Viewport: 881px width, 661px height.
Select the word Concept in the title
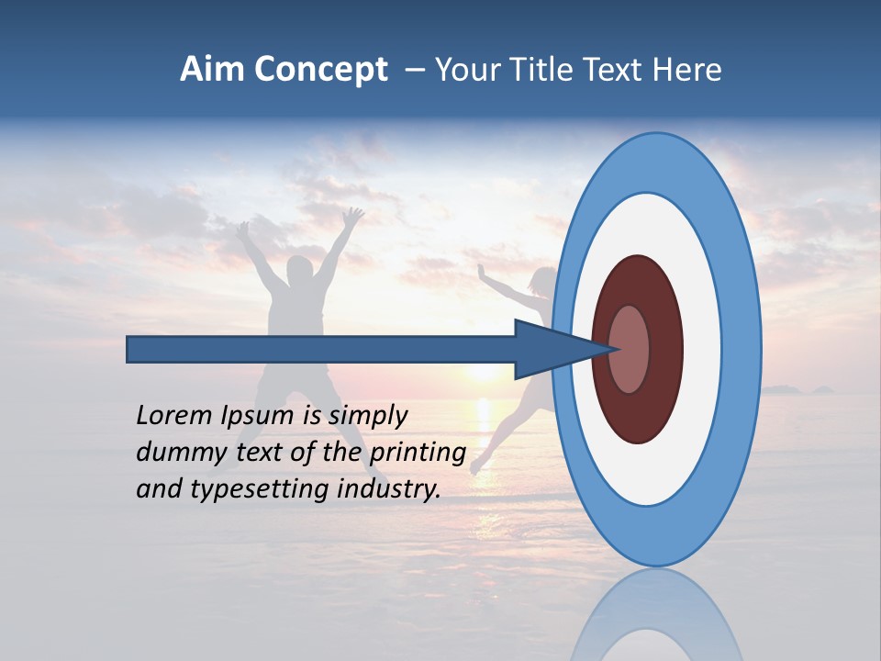pos(321,70)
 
